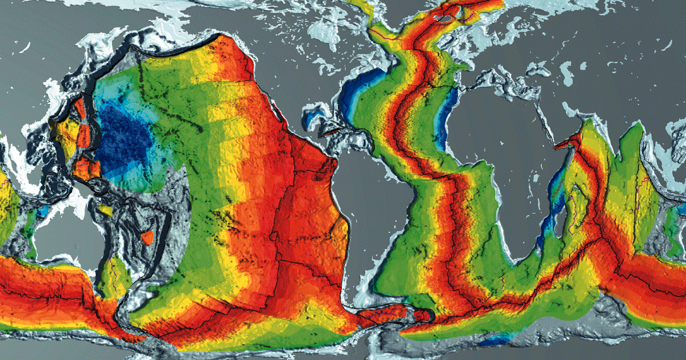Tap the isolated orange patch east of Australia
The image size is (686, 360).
tap(147, 237)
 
